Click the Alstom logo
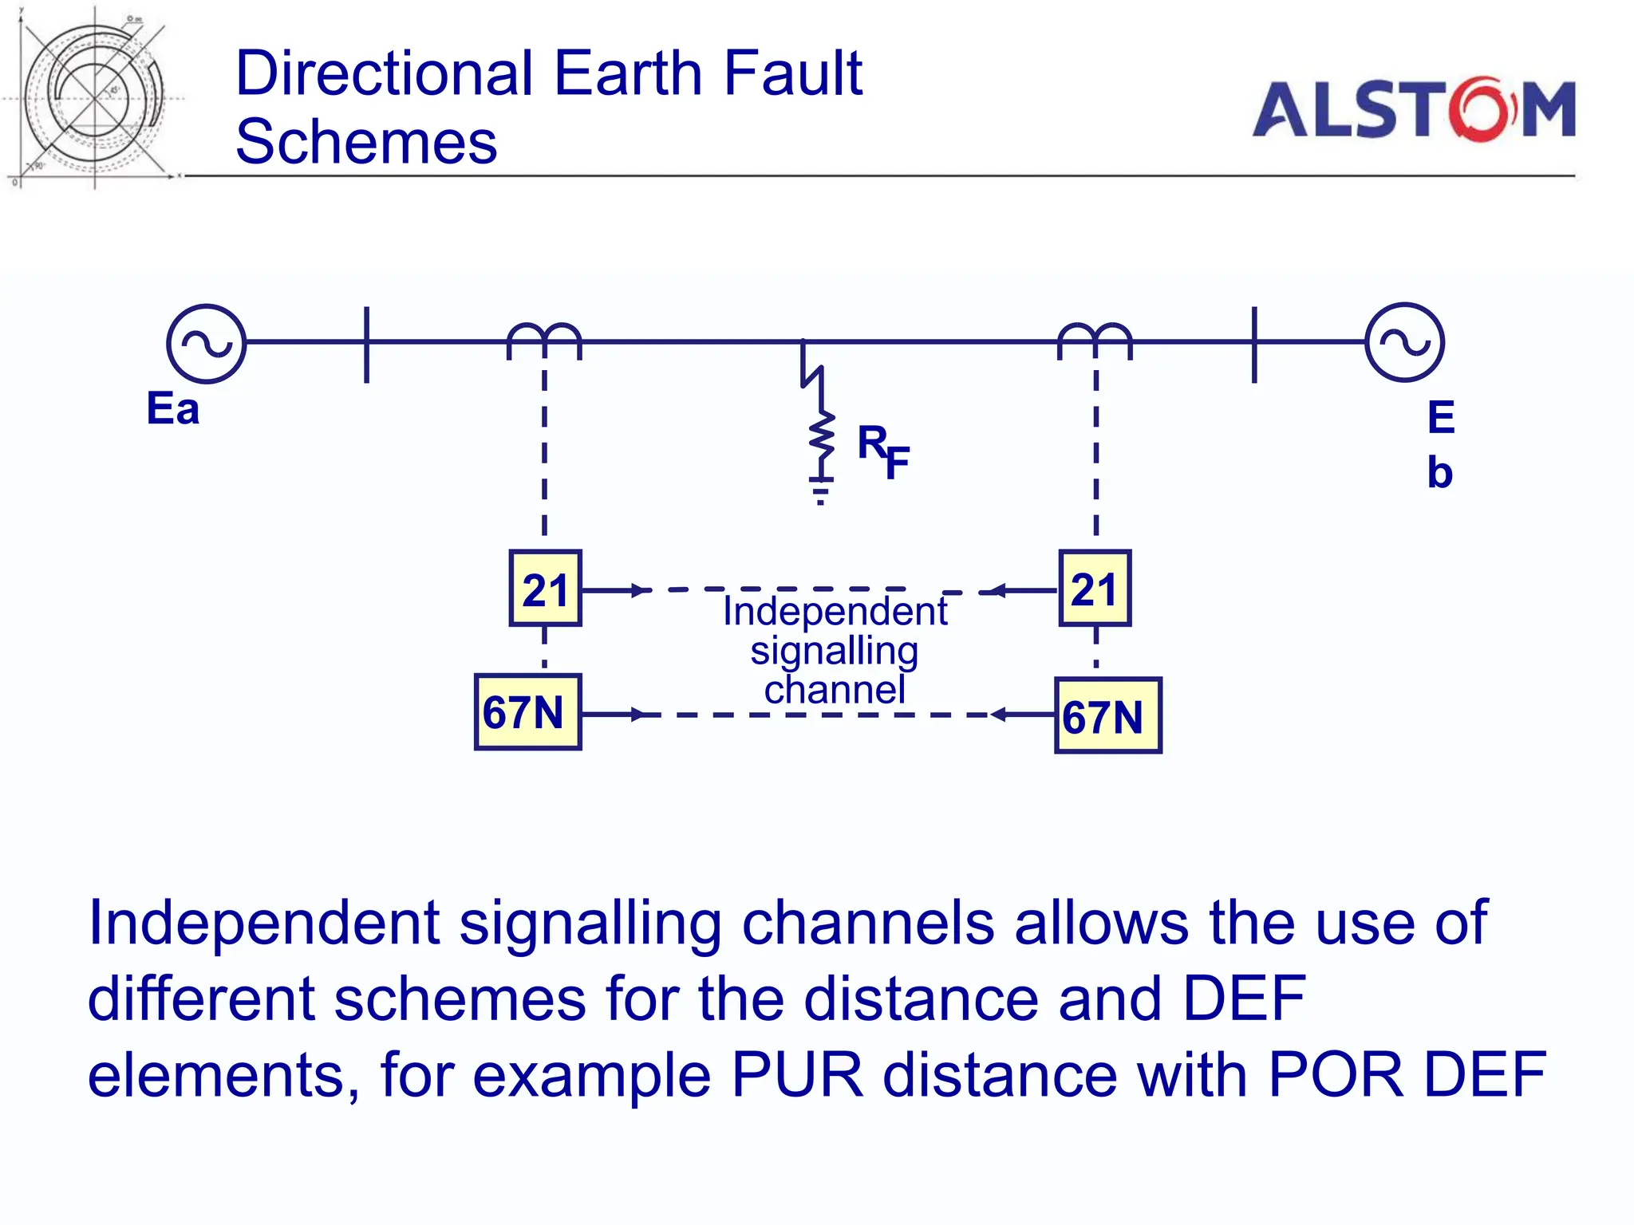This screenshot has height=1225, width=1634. (x=1413, y=109)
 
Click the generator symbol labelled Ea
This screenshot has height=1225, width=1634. (x=206, y=344)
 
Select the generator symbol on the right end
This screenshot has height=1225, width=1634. (x=1404, y=342)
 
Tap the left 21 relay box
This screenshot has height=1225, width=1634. (x=545, y=589)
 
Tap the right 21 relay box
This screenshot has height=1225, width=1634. (x=1095, y=589)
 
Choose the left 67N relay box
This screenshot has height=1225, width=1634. (x=527, y=712)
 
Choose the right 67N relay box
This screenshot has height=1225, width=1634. (x=1107, y=715)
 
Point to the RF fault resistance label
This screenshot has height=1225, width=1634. (x=882, y=451)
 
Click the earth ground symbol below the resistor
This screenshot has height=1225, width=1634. (x=820, y=490)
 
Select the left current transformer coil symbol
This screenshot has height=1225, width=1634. (x=544, y=339)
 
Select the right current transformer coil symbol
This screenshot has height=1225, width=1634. (x=1095, y=339)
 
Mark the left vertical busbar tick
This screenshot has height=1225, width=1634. (x=366, y=344)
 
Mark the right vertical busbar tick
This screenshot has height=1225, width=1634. (x=1254, y=344)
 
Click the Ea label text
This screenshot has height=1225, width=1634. (x=172, y=409)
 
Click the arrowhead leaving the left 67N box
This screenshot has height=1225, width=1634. (x=637, y=715)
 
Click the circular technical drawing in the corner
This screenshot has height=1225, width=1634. (x=94, y=97)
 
